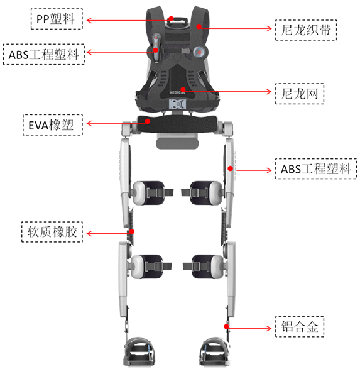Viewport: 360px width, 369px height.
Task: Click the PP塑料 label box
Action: tap(57, 19)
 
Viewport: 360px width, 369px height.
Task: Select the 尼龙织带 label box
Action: tap(306, 30)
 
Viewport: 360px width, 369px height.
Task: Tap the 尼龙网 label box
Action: tap(300, 94)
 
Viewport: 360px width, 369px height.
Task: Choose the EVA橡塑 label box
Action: tap(53, 125)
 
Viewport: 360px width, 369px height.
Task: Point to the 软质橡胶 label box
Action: tap(52, 232)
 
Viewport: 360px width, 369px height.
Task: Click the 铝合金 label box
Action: tap(300, 327)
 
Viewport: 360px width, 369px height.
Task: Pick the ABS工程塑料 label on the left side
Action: tap(44, 54)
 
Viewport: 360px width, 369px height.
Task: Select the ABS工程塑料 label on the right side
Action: tap(316, 168)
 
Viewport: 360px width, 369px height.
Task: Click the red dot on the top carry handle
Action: tap(171, 19)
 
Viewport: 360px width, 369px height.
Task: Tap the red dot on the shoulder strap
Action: tap(199, 26)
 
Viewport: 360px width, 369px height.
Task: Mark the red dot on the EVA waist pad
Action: tap(148, 121)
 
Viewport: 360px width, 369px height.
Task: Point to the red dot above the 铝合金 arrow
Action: tap(226, 326)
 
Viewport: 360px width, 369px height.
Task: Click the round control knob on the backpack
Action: tap(200, 52)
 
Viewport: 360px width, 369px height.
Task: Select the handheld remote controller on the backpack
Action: tap(156, 48)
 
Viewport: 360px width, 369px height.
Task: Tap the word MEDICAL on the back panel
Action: tap(177, 92)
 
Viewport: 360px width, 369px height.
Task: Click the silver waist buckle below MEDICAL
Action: tap(177, 104)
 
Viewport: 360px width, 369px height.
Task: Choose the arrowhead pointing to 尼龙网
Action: tap(269, 91)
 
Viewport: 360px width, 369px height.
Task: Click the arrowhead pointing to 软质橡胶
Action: tap(89, 233)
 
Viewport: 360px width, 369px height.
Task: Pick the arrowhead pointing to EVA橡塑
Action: tap(89, 123)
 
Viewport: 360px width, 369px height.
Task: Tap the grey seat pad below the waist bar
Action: tap(177, 143)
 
